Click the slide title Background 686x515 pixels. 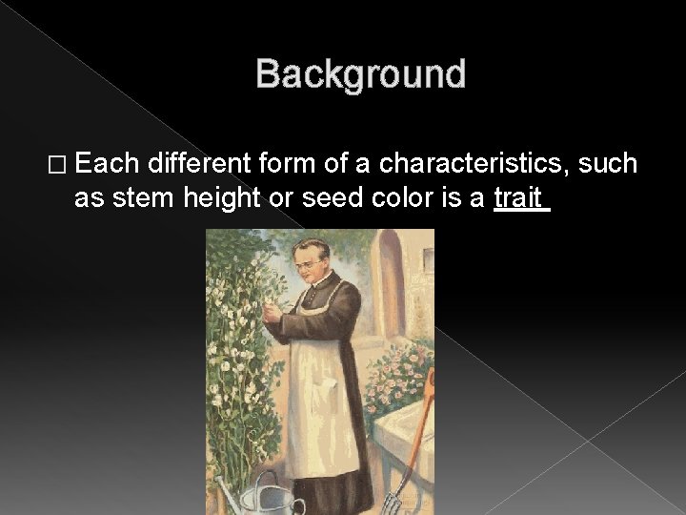[x=360, y=74]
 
